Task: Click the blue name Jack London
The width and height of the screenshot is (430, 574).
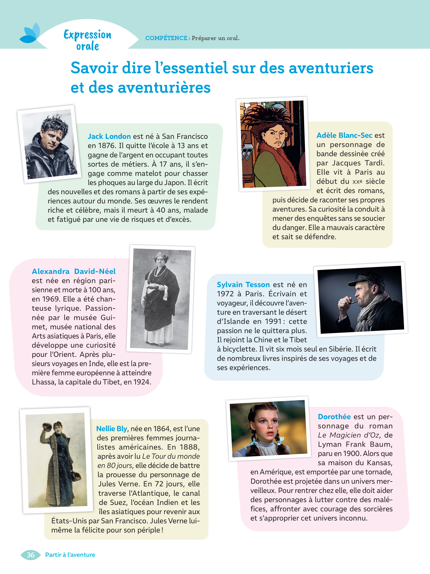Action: (109, 136)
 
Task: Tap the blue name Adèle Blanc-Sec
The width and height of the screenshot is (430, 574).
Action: (344, 135)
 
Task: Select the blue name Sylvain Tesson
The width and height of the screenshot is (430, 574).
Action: (243, 284)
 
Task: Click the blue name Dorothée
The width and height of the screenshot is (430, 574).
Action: (334, 417)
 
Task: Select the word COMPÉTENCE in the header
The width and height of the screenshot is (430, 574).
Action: (166, 38)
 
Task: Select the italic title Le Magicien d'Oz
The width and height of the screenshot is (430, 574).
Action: (348, 435)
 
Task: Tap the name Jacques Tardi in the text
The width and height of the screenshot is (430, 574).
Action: (358, 163)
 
